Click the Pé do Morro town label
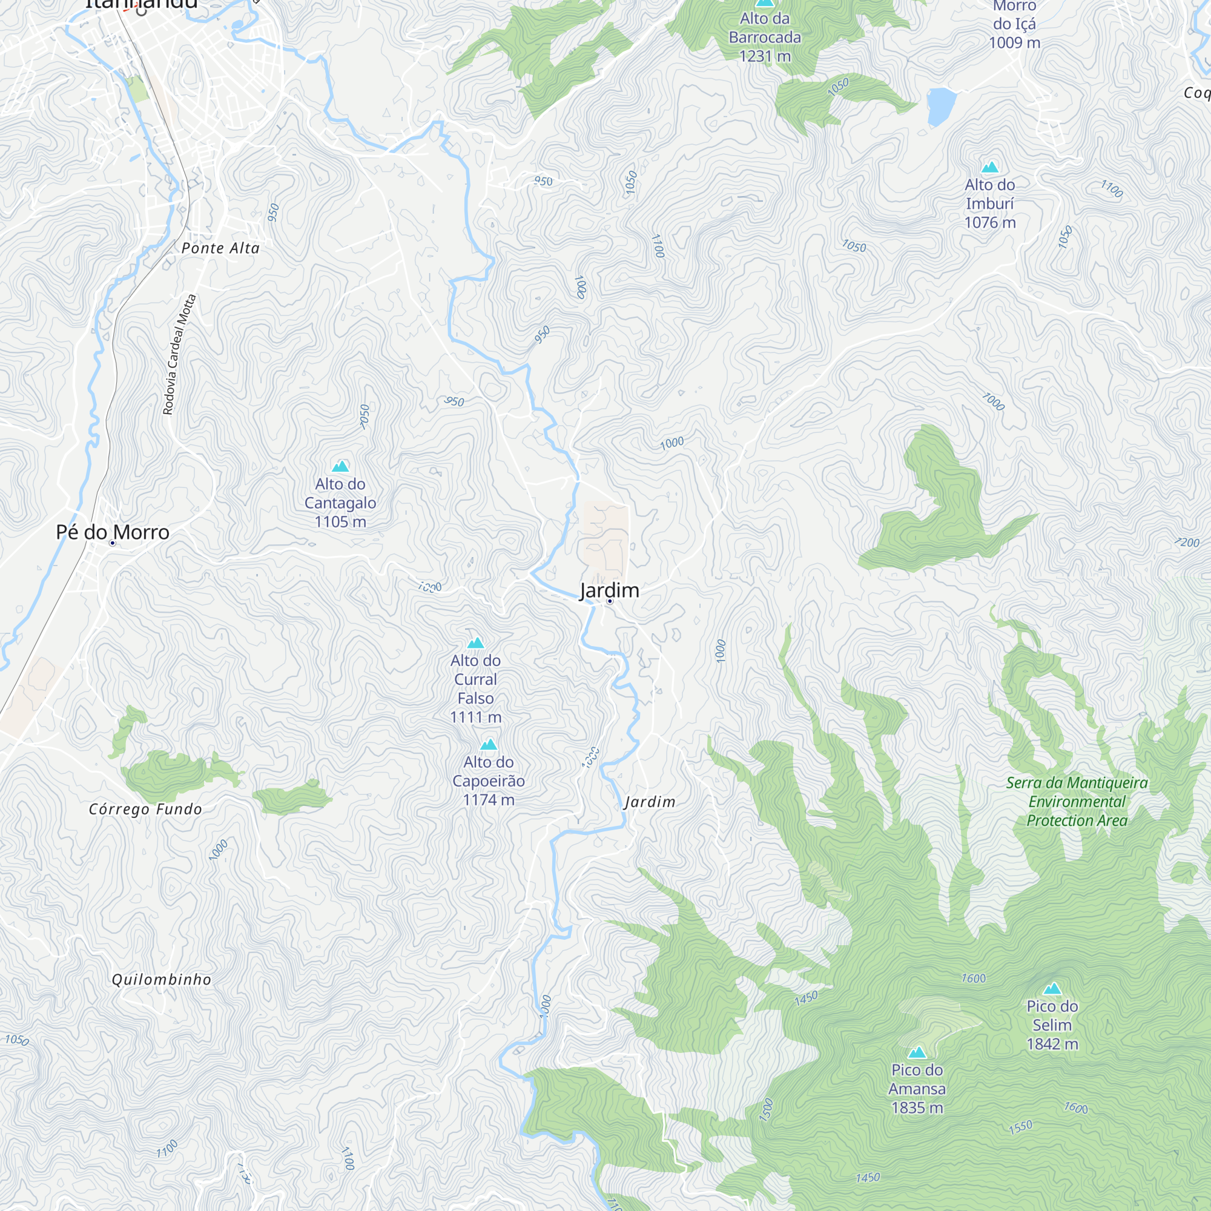pyautogui.click(x=113, y=532)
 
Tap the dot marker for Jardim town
pyautogui.click(x=609, y=601)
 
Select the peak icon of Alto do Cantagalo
pyautogui.click(x=340, y=466)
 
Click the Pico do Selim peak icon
pyautogui.click(x=1052, y=989)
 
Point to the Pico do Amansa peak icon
pyautogui.click(x=917, y=1052)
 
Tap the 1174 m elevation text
pyautogui.click(x=488, y=800)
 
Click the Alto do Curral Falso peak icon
pyautogui.click(x=476, y=643)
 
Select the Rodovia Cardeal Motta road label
pyautogui.click(x=179, y=355)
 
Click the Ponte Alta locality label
pyautogui.click(x=220, y=249)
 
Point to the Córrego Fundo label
pyautogui.click(x=145, y=809)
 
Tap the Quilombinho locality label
pyautogui.click(x=162, y=980)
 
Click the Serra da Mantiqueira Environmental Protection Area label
pyautogui.click(x=1077, y=802)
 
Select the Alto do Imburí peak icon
pyautogui.click(x=990, y=167)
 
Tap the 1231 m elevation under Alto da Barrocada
pyautogui.click(x=765, y=56)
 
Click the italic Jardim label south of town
pyautogui.click(x=650, y=802)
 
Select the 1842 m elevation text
pyautogui.click(x=1052, y=1044)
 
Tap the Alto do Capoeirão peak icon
pyautogui.click(x=488, y=745)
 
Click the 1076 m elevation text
pyautogui.click(x=990, y=222)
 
